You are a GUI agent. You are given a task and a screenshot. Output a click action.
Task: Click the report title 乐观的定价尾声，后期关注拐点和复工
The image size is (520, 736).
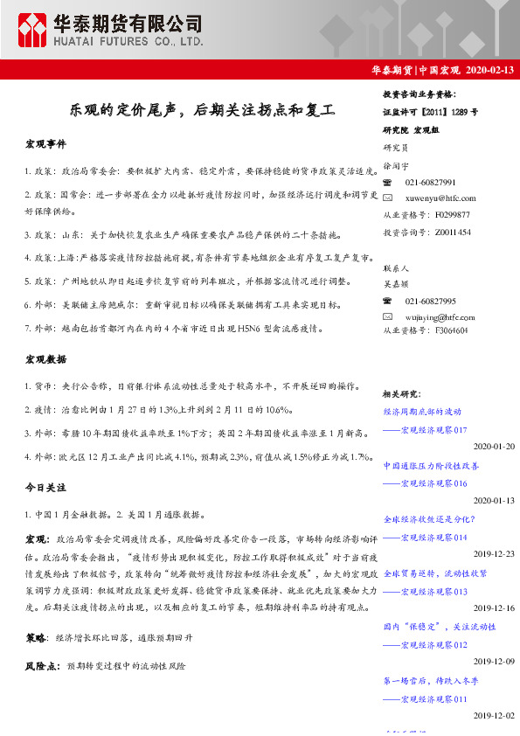pos(203,111)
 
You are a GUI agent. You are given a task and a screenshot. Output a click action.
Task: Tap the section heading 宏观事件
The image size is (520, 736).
pos(45,143)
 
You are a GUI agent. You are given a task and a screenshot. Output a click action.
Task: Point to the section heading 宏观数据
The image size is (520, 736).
pos(45,359)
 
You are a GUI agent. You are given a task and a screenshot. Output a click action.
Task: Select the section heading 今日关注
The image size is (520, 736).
pos(45,487)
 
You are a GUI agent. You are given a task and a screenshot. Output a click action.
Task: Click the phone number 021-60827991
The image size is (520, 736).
pos(431,183)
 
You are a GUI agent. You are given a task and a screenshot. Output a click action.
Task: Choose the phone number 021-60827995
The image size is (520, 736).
pos(431,301)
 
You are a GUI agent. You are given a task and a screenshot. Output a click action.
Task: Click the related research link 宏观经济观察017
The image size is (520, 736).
pos(433,430)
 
